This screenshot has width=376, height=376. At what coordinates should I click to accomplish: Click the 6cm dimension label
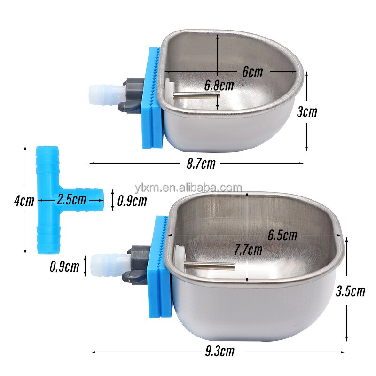[x=253, y=72]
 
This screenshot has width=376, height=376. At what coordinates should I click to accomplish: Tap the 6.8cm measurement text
[x=219, y=85]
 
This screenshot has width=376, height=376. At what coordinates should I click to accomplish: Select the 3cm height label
[x=307, y=112]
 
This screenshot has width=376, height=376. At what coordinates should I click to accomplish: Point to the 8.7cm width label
[x=201, y=164]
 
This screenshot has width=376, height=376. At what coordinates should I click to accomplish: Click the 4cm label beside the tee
[x=23, y=201]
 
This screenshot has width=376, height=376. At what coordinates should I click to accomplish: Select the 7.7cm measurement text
[x=248, y=250]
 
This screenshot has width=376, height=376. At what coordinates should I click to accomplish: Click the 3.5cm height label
[x=350, y=291]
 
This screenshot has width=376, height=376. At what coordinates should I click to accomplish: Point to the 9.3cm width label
[x=219, y=351]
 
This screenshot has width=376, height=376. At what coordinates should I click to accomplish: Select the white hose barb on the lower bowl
[x=109, y=261]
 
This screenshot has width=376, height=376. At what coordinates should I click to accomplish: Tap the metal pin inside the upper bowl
[x=196, y=94]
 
